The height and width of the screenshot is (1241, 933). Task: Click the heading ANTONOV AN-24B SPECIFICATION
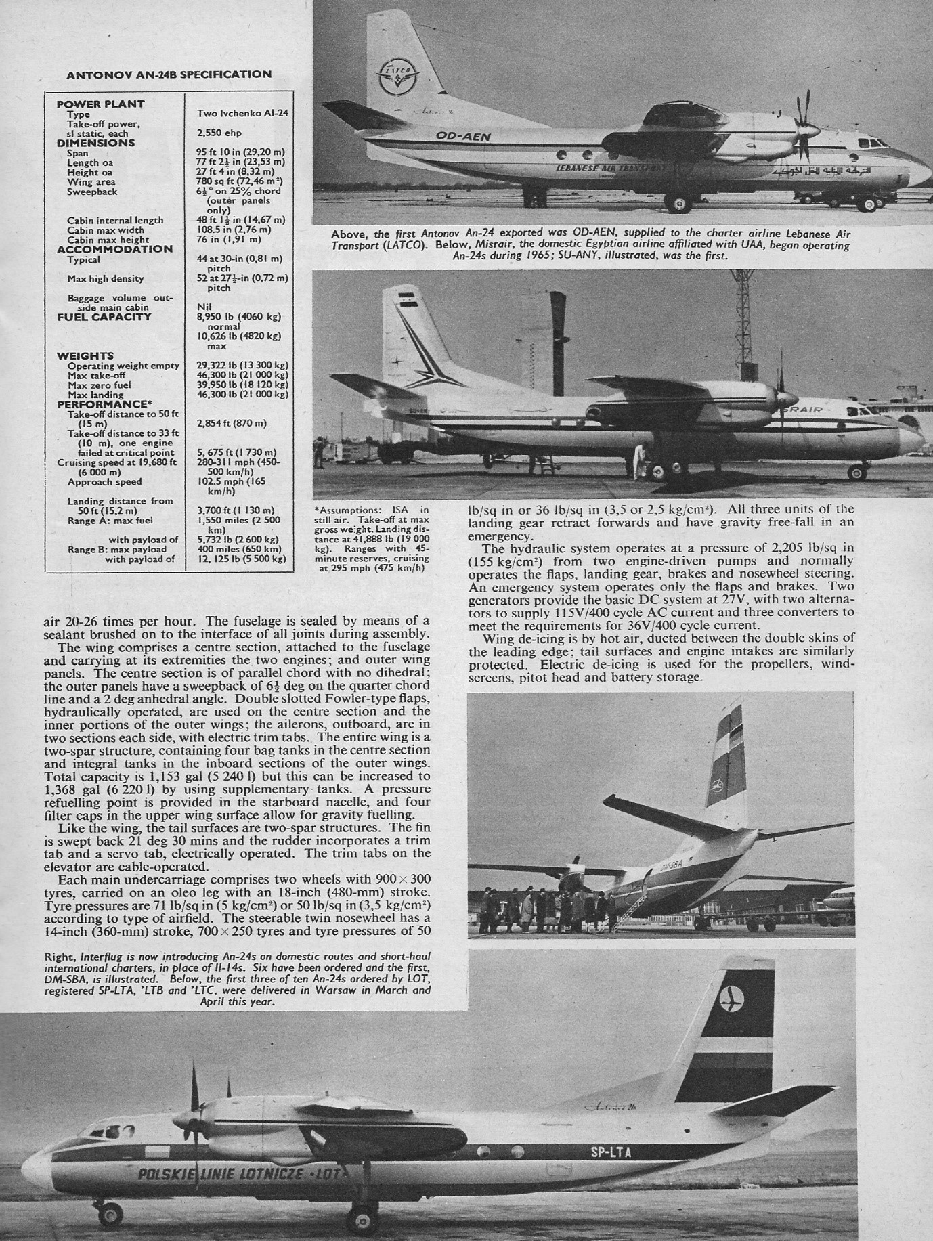tap(169, 74)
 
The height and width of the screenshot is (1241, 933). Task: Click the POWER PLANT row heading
tap(100, 104)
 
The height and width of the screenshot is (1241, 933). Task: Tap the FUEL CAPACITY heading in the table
tap(104, 317)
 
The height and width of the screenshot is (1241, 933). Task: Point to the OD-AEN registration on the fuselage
tap(463, 137)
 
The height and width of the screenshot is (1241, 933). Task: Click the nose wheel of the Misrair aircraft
tap(858, 471)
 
